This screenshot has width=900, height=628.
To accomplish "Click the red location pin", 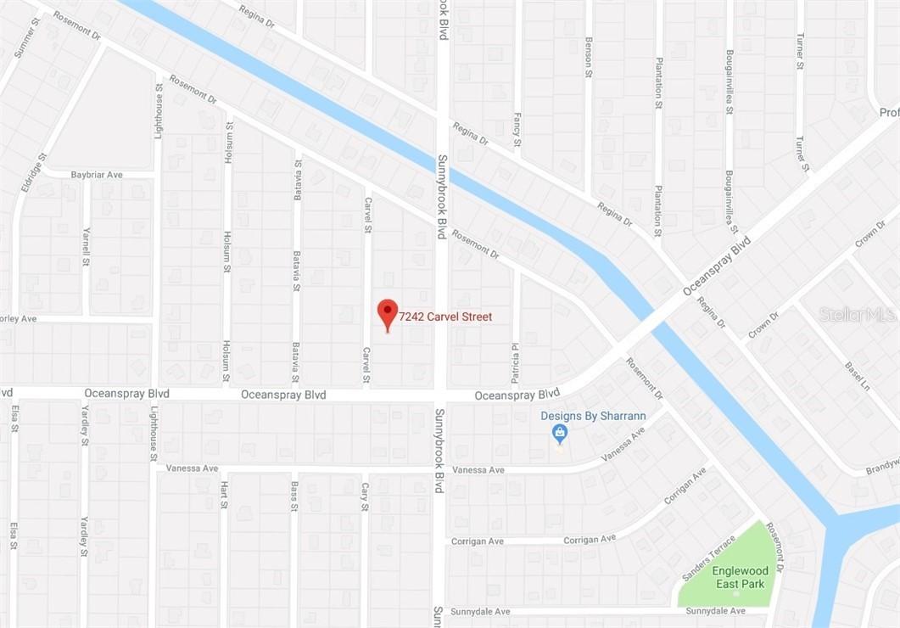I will click(x=388, y=313).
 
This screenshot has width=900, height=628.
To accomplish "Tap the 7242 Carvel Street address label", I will click(x=447, y=317).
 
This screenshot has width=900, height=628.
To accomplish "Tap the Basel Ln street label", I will click(x=857, y=376).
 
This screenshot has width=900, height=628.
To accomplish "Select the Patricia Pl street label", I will click(x=515, y=362).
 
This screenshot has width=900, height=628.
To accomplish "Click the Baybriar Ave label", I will click(x=97, y=175).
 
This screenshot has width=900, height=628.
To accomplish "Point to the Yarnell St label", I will click(x=86, y=246).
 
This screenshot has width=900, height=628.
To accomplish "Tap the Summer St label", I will click(x=25, y=37).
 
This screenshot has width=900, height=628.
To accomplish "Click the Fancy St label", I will click(x=517, y=130).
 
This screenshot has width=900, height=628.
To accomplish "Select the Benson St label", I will click(x=588, y=57).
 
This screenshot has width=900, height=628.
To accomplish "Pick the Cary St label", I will click(x=365, y=496).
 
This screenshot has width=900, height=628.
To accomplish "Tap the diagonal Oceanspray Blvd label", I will click(x=718, y=266).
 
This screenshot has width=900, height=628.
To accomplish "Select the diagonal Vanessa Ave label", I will click(x=623, y=445).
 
